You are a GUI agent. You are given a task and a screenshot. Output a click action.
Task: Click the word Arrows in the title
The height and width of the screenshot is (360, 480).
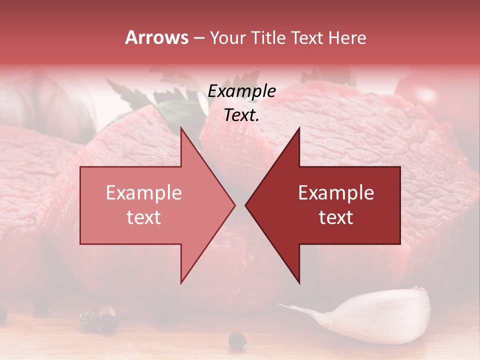tap(157, 37)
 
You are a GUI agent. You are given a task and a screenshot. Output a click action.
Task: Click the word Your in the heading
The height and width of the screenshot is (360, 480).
tap(227, 37)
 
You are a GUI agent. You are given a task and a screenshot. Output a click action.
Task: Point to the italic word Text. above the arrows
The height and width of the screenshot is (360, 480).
tap(242, 115)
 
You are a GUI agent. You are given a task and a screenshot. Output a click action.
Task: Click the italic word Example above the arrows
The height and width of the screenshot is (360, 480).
tap(242, 91)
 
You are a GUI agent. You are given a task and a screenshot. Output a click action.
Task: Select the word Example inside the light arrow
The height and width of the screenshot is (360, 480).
tap(144, 193)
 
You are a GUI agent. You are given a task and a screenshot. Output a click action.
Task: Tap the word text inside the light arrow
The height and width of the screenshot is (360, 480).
tap(144, 217)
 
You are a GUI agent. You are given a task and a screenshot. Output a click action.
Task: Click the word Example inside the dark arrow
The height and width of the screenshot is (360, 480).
tap(336, 193)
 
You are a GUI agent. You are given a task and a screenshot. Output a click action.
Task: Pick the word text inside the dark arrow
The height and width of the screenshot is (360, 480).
tap(336, 217)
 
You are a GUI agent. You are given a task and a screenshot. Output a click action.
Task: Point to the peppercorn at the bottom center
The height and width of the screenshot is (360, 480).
tap(237, 340)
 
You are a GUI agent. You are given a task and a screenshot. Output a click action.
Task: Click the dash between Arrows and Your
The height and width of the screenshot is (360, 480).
tap(198, 38)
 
